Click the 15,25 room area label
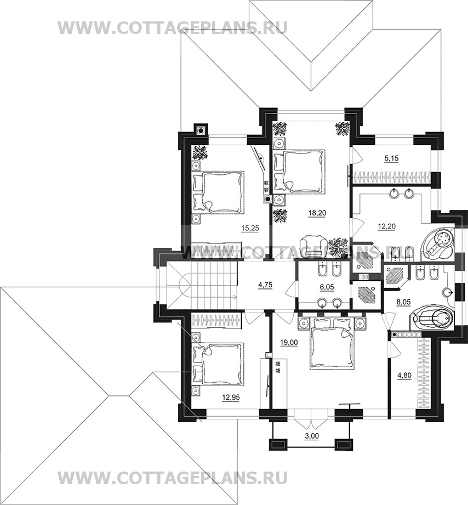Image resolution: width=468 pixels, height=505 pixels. [250, 228]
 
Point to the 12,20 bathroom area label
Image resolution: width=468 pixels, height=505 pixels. [386, 226]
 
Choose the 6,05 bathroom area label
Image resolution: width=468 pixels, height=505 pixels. [327, 287]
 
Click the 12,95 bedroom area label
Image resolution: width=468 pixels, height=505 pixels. [231, 398]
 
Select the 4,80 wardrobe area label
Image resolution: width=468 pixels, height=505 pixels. [404, 375]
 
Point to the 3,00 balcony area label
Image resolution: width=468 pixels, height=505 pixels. [312, 436]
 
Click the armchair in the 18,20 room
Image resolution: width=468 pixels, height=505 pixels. [313, 246]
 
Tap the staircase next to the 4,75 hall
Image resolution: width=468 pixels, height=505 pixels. [202, 285]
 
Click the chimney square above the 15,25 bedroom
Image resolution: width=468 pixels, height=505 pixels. [201, 130]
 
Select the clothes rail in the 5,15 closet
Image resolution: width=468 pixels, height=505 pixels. [391, 177]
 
